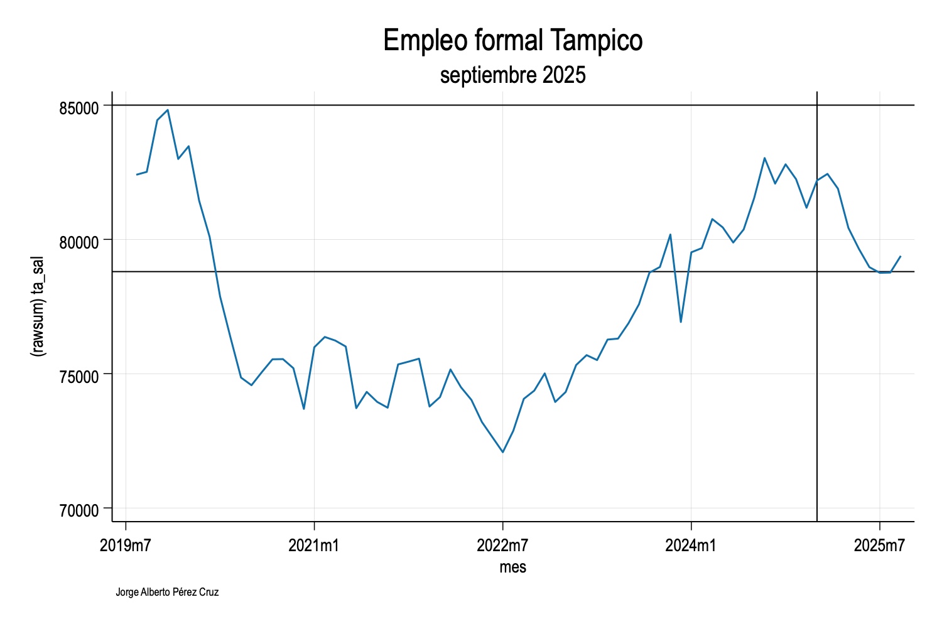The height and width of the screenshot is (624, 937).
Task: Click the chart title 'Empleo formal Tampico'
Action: pyautogui.click(x=512, y=41)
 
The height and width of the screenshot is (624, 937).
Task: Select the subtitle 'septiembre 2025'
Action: pyautogui.click(x=512, y=75)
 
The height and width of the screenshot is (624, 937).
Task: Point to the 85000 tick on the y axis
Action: pyautogui.click(x=79, y=107)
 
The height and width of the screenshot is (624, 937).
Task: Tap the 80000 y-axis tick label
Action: pyautogui.click(x=79, y=242)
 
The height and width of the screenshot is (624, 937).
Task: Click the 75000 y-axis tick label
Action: pyautogui.click(x=79, y=376)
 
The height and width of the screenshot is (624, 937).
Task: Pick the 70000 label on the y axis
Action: pyautogui.click(x=79, y=510)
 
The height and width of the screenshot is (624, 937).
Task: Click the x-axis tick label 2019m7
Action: pyautogui.click(x=126, y=546)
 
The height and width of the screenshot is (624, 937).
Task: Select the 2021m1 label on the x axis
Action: pyautogui.click(x=314, y=546)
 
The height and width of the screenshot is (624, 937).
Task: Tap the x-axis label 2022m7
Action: pyautogui.click(x=502, y=546)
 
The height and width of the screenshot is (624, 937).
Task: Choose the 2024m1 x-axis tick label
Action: pyautogui.click(x=691, y=546)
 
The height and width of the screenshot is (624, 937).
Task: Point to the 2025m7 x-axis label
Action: pyautogui.click(x=879, y=546)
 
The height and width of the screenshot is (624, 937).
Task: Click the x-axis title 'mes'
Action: pyautogui.click(x=512, y=568)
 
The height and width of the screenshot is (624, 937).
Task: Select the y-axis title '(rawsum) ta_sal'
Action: pyautogui.click(x=38, y=306)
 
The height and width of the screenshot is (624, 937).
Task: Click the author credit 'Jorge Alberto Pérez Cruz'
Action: pyautogui.click(x=167, y=592)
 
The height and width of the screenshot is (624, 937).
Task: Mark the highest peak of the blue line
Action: pyautogui.click(x=168, y=110)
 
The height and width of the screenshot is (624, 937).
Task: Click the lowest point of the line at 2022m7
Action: pyautogui.click(x=502, y=452)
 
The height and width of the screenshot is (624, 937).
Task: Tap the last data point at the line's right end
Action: pyautogui.click(x=901, y=256)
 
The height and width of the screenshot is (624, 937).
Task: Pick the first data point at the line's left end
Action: pyautogui.click(x=136, y=175)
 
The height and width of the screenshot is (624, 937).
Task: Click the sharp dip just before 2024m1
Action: pyautogui.click(x=681, y=322)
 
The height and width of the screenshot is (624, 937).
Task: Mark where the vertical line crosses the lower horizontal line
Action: pyautogui.click(x=816, y=272)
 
